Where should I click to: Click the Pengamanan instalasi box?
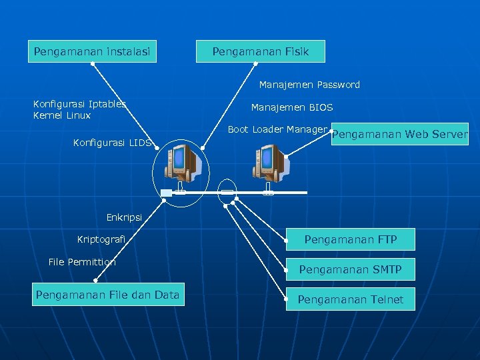[x=92, y=51]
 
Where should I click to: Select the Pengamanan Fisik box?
[x=261, y=51]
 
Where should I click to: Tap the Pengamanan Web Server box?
[x=400, y=134]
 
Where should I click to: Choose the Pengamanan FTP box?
[x=351, y=239]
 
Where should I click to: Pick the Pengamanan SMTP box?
[x=351, y=269]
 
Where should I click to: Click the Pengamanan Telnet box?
[x=351, y=299]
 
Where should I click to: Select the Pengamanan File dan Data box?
[x=107, y=295]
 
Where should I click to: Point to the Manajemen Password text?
[x=309, y=85]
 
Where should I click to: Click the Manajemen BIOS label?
[x=292, y=107]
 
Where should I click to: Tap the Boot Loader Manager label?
[x=277, y=129]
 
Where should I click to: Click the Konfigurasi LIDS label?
[x=113, y=143]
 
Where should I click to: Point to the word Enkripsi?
[x=124, y=217]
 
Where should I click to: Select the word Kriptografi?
[x=101, y=239]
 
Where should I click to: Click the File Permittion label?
[x=82, y=262]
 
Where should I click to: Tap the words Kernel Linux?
[x=62, y=115]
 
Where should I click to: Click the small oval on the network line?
[x=227, y=192]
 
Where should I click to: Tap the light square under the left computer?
[x=166, y=193]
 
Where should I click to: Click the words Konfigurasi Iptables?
[x=79, y=103]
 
